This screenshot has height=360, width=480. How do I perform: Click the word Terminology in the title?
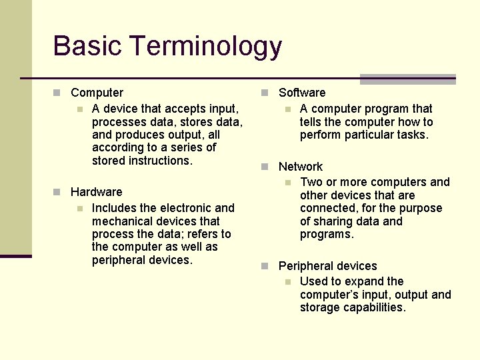click(x=206, y=47)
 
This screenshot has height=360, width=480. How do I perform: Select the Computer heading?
click(x=97, y=93)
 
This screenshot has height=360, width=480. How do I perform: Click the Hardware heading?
click(x=96, y=192)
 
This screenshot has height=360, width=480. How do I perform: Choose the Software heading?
click(x=302, y=93)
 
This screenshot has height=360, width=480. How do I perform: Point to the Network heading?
click(x=300, y=167)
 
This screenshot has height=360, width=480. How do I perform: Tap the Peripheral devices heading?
click(x=327, y=266)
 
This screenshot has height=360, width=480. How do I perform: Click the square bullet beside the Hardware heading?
click(x=57, y=192)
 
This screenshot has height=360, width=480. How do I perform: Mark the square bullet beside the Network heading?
click(x=265, y=167)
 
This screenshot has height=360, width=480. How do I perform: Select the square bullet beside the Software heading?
click(x=265, y=93)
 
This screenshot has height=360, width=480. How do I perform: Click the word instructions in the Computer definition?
click(x=159, y=161)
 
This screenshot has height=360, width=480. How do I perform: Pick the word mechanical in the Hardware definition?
click(x=121, y=221)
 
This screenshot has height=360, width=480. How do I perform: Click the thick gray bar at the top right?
click(x=407, y=79)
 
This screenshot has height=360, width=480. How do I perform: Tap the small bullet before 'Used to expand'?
click(x=287, y=282)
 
